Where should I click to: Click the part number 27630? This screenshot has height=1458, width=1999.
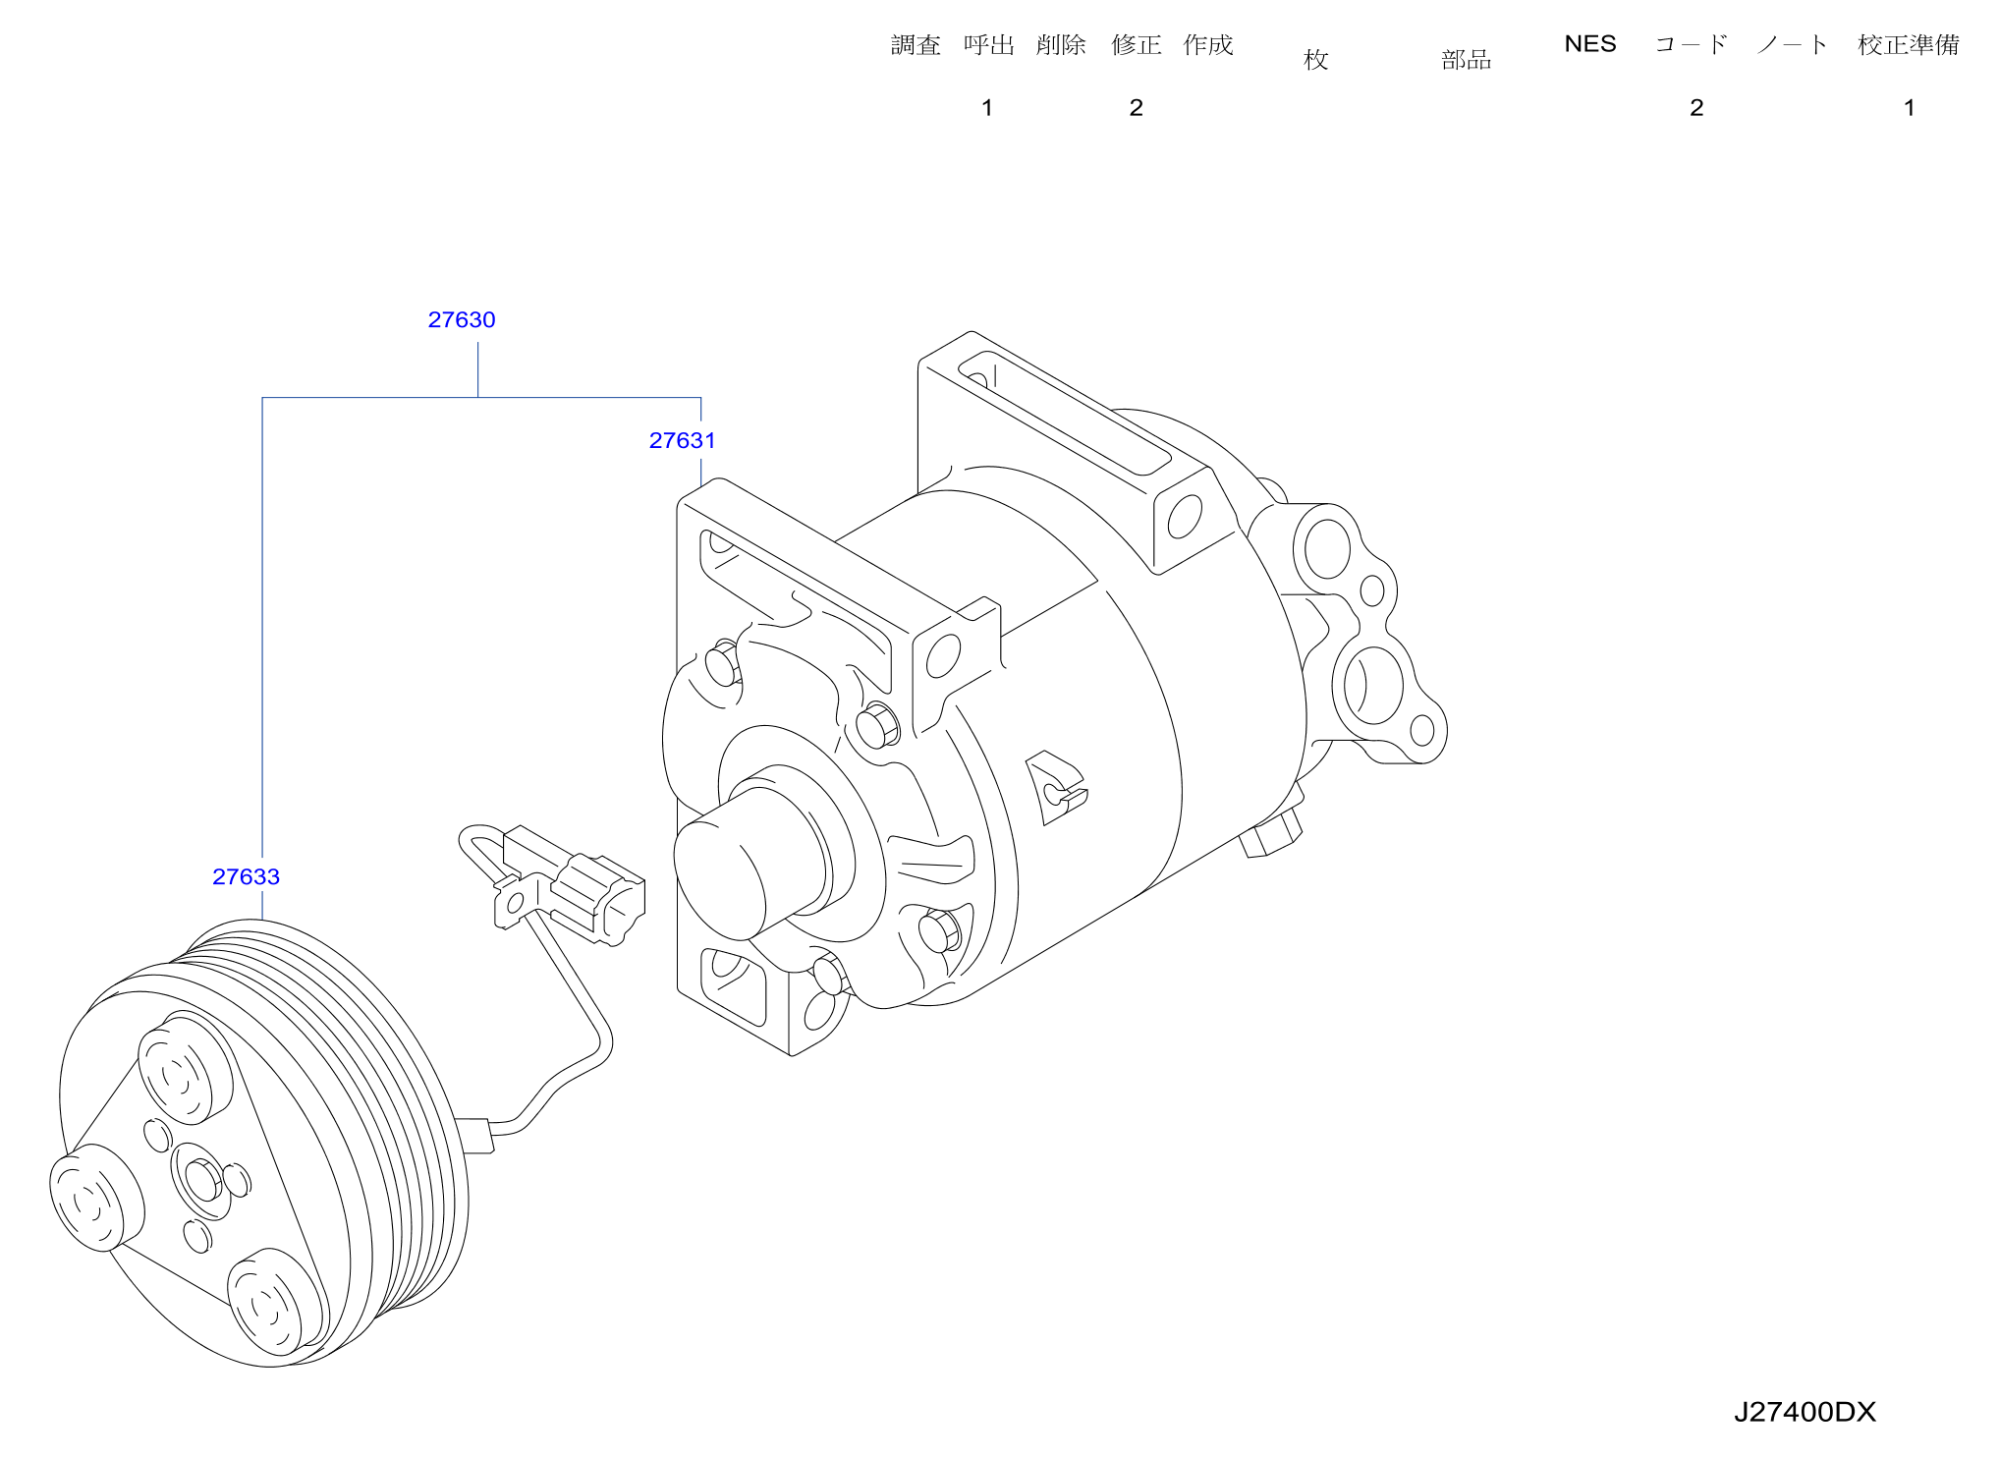coord(462,320)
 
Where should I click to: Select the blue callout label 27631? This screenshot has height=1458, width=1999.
coord(682,441)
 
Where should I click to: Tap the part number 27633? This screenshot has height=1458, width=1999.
coord(246,877)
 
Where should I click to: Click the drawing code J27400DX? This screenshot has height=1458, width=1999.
coord(1805,1413)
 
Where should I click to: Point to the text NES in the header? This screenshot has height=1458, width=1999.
coord(1589,44)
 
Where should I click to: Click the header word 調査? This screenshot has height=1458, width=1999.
coord(916,45)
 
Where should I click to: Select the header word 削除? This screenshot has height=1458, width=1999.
coord(1061,45)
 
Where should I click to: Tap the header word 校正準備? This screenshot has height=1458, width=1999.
coord(1909,45)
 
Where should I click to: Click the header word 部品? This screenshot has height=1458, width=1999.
coord(1466,60)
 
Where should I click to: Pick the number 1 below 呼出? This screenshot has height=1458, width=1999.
coord(987,108)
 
